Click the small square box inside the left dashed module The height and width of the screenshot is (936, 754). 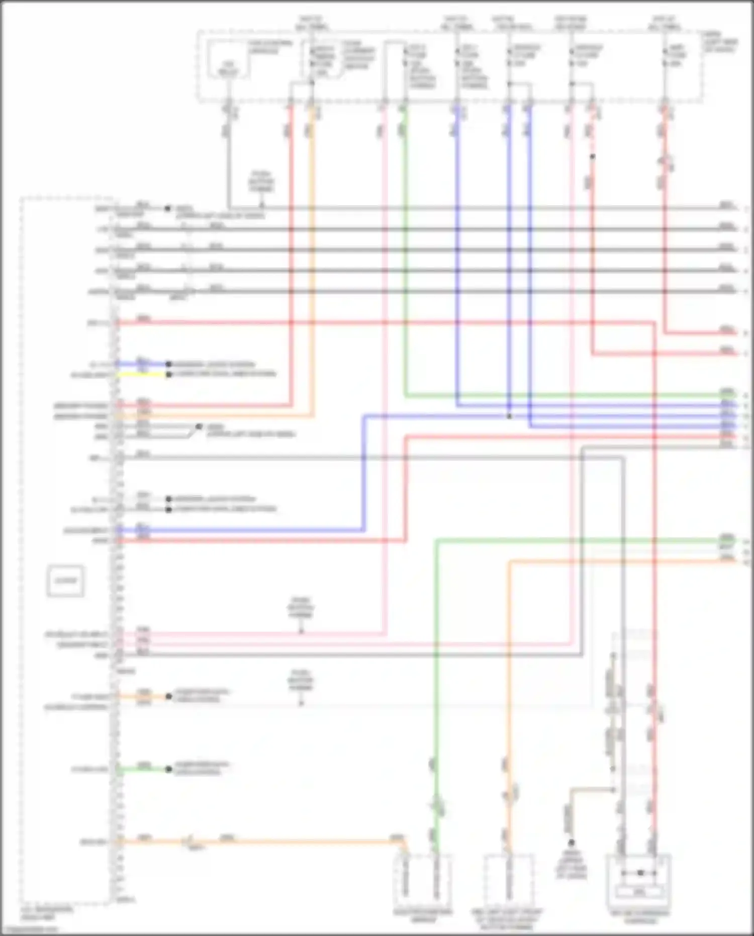pos(65,581)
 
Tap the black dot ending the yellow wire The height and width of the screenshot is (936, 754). pos(168,375)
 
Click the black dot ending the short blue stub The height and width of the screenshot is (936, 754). pos(168,364)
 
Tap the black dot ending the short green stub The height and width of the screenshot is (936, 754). pos(168,769)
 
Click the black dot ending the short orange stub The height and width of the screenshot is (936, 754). pos(168,697)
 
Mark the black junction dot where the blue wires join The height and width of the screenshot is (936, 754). pos(509,416)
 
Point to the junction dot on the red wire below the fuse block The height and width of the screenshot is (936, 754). pos(592,157)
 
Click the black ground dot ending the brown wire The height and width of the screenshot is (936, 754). pos(571,842)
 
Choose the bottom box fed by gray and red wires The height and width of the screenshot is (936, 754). pos(639,878)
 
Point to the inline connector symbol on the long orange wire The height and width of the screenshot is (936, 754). pos(190,841)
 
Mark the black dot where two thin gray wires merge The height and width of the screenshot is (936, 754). pos(199,427)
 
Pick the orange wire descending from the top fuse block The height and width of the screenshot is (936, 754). pos(312,251)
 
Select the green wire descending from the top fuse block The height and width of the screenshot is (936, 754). pos(405,251)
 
